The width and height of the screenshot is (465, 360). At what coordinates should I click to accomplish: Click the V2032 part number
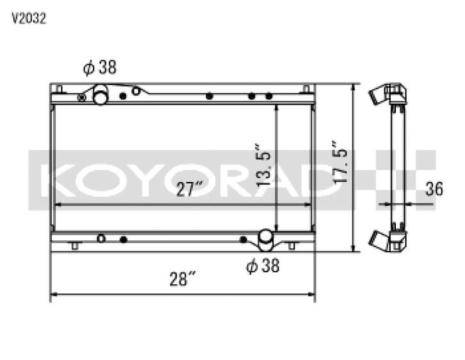28,19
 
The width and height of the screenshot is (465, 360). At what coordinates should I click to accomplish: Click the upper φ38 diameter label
99,67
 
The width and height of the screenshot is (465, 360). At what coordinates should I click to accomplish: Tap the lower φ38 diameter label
263,265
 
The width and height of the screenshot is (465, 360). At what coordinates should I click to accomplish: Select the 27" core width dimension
190,189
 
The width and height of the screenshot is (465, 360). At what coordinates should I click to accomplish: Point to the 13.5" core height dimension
264,165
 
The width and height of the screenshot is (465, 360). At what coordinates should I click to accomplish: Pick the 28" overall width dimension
183,279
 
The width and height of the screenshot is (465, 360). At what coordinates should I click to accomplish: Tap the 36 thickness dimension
435,189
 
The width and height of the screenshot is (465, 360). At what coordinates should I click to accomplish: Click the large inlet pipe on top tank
101,96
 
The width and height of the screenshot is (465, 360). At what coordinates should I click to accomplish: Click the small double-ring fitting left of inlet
81,97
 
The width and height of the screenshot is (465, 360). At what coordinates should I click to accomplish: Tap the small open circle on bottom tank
101,238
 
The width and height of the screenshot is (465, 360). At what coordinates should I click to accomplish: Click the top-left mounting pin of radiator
59,88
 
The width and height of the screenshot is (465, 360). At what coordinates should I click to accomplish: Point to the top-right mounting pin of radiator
306,88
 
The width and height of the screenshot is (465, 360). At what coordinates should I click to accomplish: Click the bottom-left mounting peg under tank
75,246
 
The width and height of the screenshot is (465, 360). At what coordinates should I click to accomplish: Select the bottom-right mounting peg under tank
291,246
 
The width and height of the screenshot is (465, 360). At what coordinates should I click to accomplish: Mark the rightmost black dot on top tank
269,96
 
